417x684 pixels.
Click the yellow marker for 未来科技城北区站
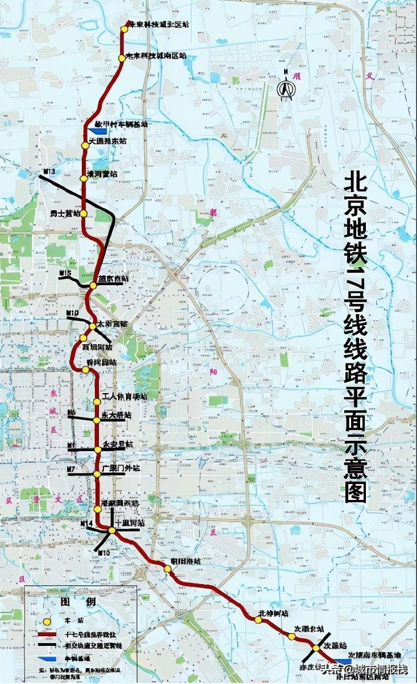pyautogui.click(x=125, y=28)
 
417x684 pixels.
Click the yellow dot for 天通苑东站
pyautogui.click(x=85, y=145)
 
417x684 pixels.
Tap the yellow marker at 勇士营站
pyautogui.click(x=84, y=214)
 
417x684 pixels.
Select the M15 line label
pyautogui.click(x=65, y=274)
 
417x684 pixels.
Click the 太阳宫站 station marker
pyautogui.click(x=93, y=326)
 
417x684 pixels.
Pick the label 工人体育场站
pyautogui.click(x=124, y=396)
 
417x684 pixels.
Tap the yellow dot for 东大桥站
pyautogui.click(x=97, y=420)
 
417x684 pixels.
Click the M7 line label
pyautogui.click(x=71, y=469)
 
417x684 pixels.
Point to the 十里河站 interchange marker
pyautogui.click(x=112, y=530)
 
